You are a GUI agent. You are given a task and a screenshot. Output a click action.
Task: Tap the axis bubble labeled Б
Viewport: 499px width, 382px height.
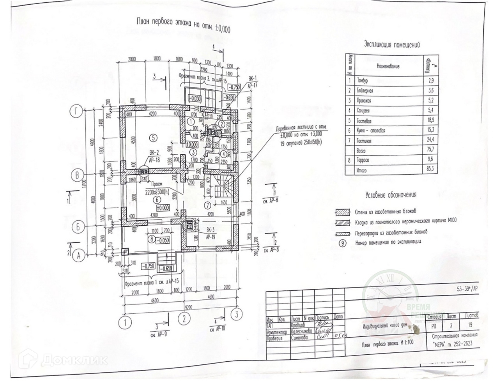(78, 227)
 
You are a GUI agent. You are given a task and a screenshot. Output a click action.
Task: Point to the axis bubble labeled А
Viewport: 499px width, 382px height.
(79, 255)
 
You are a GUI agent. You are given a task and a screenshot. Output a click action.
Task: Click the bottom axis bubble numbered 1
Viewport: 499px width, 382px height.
(125, 323)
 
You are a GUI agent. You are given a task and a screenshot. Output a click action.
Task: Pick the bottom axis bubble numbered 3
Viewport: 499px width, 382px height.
(236, 314)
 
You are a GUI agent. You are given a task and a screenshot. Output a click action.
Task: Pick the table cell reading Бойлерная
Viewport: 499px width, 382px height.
(365, 90)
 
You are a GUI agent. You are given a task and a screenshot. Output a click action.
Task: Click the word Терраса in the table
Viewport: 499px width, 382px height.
(363, 160)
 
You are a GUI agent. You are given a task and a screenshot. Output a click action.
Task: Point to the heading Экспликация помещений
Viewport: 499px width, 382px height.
(392, 44)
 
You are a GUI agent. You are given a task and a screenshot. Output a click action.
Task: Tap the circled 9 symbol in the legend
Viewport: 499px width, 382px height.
(342, 242)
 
